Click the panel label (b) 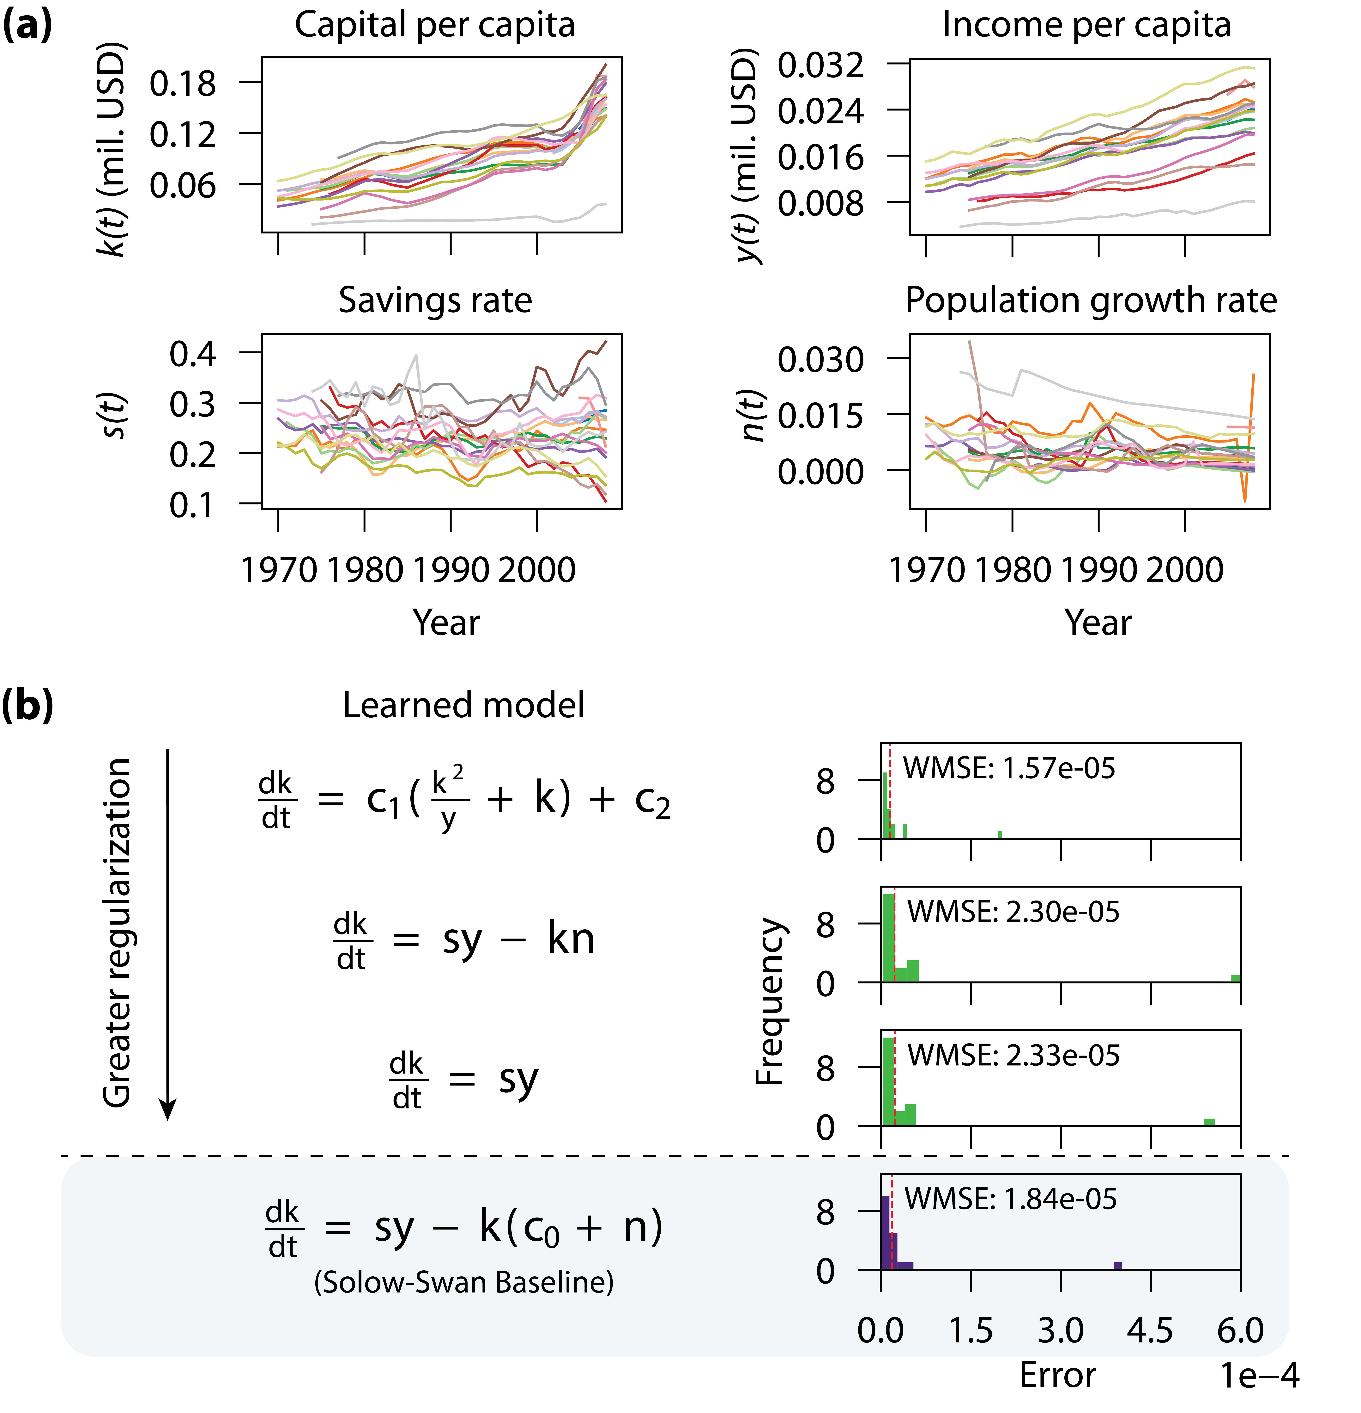click(x=27, y=705)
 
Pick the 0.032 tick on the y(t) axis click(x=820, y=66)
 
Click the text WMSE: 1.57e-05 click(x=1009, y=768)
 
